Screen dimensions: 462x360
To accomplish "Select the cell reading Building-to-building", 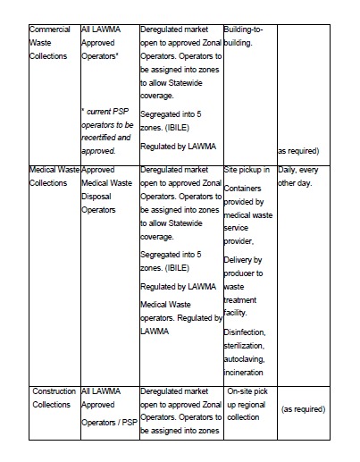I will [247, 35].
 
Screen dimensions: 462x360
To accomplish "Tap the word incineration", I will [247, 371].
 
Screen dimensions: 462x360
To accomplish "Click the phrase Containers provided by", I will [244, 196].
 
